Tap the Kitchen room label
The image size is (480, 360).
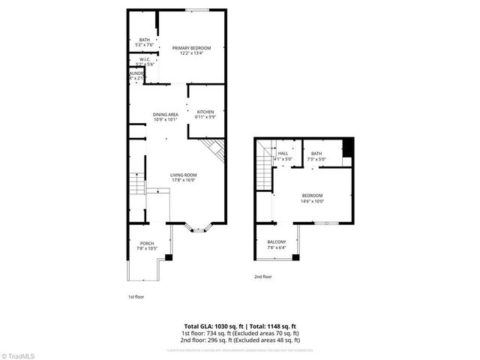[x=205, y=112]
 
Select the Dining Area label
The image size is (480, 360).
[x=165, y=114]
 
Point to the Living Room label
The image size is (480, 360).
[x=184, y=175]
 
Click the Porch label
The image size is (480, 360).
[x=146, y=243]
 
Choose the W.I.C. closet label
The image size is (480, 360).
[x=146, y=60]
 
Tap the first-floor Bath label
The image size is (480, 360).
[x=144, y=40]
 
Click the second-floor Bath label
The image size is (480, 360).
[x=316, y=154]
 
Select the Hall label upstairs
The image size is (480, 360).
[x=283, y=154]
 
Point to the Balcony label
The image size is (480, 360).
[x=277, y=241]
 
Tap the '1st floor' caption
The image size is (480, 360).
[x=135, y=296]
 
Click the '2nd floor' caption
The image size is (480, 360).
[x=262, y=277]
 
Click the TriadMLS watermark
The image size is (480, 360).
[x=19, y=354]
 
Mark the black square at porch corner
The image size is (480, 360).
[x=169, y=258]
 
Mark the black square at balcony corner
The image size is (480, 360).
[x=295, y=258]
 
